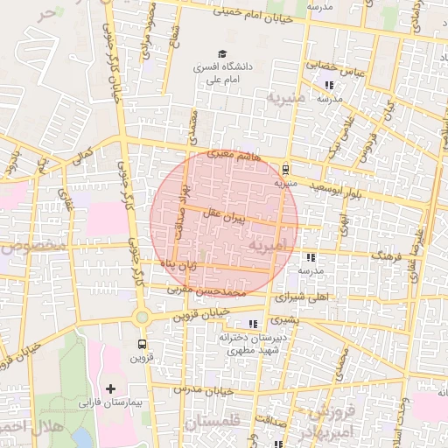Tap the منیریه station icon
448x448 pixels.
tap(286, 171)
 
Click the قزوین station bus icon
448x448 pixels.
tap(142, 345)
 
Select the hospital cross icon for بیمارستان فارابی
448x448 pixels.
tap(110, 388)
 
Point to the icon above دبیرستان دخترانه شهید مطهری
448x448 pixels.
tap(254, 324)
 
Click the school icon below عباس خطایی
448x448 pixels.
tap(329, 85)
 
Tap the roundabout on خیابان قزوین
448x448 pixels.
tap(141, 317)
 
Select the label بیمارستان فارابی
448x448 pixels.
tap(110, 404)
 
